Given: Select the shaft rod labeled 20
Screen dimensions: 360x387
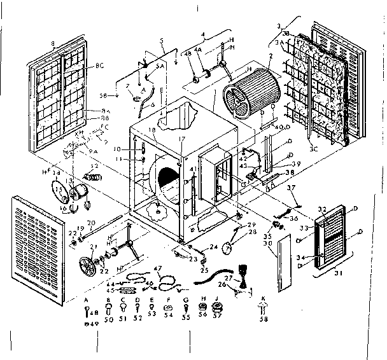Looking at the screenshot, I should click(105, 226).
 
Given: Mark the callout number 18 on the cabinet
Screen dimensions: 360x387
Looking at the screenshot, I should click(151, 129).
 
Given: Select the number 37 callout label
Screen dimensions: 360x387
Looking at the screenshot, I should click(291, 188).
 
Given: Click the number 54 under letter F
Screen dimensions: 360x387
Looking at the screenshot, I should click(169, 314).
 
